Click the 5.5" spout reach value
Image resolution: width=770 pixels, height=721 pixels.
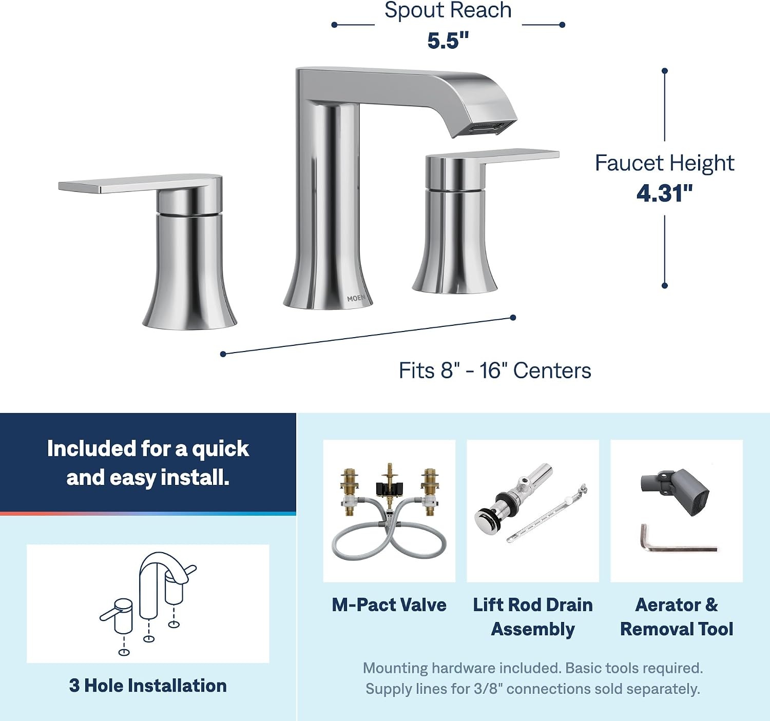[x=448, y=41]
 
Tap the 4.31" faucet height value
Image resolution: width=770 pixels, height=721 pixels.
[x=664, y=193]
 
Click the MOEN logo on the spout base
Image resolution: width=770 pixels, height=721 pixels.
[x=356, y=298]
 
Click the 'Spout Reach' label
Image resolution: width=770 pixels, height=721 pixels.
[x=448, y=10]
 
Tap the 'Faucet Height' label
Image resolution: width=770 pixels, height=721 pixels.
[x=665, y=163]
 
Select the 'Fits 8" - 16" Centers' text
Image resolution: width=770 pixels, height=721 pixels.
[x=495, y=371]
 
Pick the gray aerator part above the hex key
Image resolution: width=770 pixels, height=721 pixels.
[x=675, y=492]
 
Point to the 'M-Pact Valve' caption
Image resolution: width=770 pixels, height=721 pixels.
[x=389, y=605]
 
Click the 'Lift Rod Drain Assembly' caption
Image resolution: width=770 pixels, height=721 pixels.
[x=533, y=617]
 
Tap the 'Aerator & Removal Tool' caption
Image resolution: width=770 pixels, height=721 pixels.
[x=677, y=617]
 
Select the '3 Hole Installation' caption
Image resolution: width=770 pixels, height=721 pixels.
[x=148, y=686]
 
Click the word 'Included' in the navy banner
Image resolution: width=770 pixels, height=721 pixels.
[x=91, y=449]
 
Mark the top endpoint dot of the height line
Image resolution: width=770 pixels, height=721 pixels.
[x=665, y=71]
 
